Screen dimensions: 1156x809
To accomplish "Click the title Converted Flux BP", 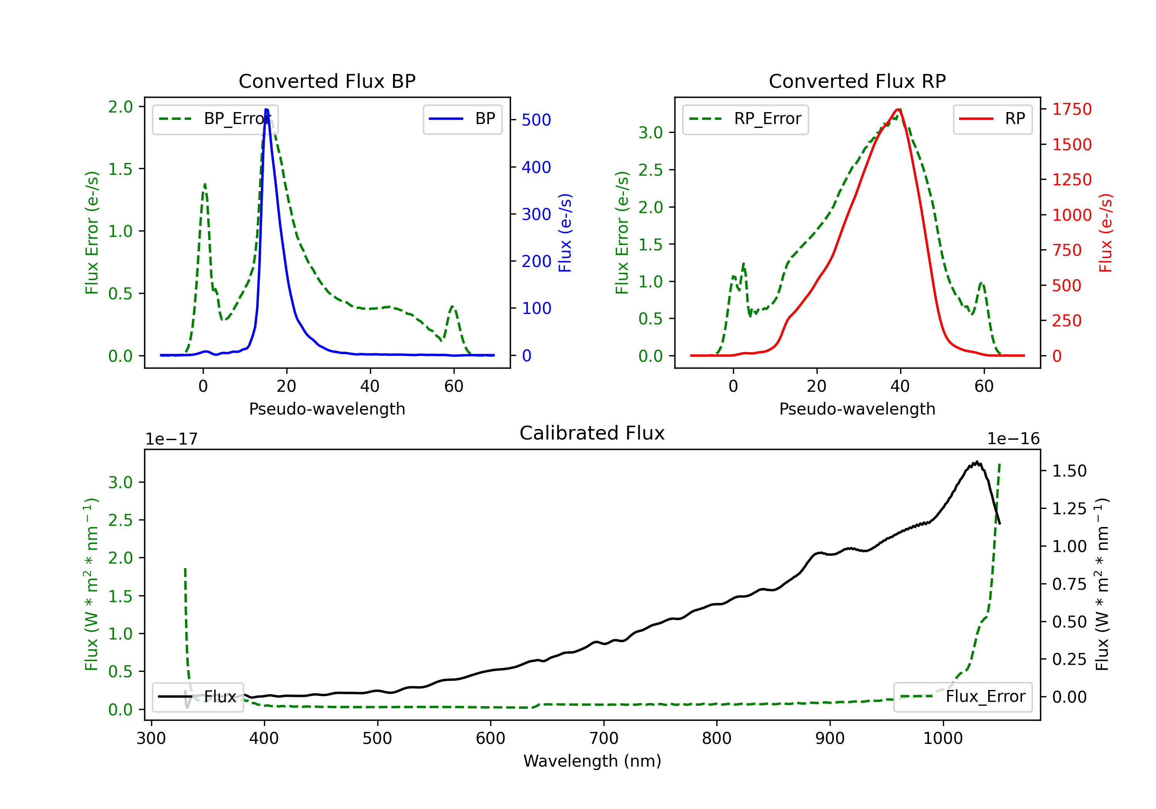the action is click(327, 81).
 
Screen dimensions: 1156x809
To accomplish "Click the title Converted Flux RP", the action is click(857, 81).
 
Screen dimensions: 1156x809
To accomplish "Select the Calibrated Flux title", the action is click(592, 433).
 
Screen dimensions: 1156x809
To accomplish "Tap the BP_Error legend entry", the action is click(215, 119).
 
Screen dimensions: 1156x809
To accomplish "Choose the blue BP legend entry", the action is click(462, 119).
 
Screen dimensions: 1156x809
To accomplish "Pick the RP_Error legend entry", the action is click(745, 119).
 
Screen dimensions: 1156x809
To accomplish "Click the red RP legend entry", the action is click(992, 119).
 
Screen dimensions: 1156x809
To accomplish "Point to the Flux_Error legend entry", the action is click(963, 697).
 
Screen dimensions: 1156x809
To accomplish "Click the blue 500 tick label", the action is click(536, 120).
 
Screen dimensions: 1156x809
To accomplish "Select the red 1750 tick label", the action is click(1072, 109).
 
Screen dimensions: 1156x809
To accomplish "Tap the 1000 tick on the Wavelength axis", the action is click(943, 738).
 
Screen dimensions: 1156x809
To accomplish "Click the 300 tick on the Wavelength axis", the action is click(151, 738).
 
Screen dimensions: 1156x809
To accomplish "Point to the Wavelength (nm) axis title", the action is click(592, 761).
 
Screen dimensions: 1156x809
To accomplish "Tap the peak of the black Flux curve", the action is click(977, 462).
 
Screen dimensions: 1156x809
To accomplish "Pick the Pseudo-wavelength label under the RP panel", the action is click(857, 409).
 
